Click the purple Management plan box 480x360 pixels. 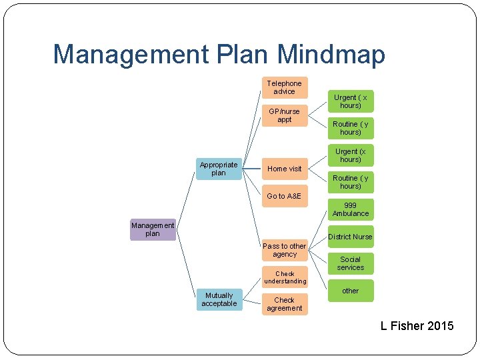(153, 229)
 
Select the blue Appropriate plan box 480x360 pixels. (219, 169)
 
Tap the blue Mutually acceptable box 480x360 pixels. (219, 299)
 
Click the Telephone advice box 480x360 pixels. (284, 87)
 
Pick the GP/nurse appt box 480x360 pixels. (284, 115)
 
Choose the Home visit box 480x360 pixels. (284, 169)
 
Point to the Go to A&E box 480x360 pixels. (284, 196)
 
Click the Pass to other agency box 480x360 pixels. (284, 250)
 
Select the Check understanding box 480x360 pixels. (284, 277)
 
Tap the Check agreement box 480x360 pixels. (284, 304)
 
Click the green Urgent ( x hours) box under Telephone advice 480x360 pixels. (350, 101)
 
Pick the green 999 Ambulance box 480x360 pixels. (350, 209)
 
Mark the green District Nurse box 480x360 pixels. (350, 237)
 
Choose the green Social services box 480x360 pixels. (350, 263)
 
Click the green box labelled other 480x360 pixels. (350, 291)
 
